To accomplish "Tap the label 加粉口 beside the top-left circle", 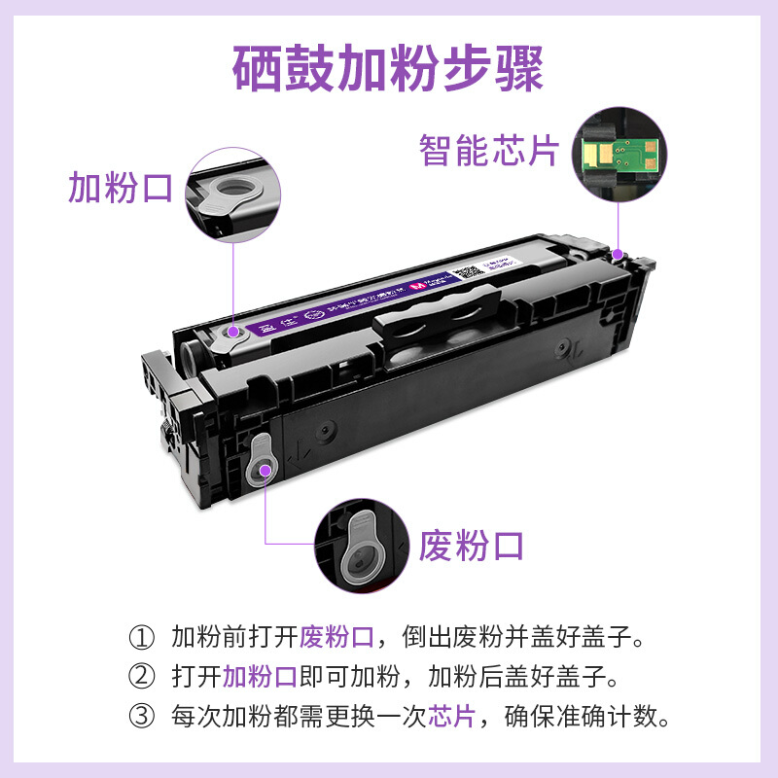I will click(120, 187).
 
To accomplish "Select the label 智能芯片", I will click(489, 150).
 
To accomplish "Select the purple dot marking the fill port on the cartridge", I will click(234, 331).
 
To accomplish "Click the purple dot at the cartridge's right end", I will click(619, 255).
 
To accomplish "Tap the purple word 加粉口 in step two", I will click(260, 677).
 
